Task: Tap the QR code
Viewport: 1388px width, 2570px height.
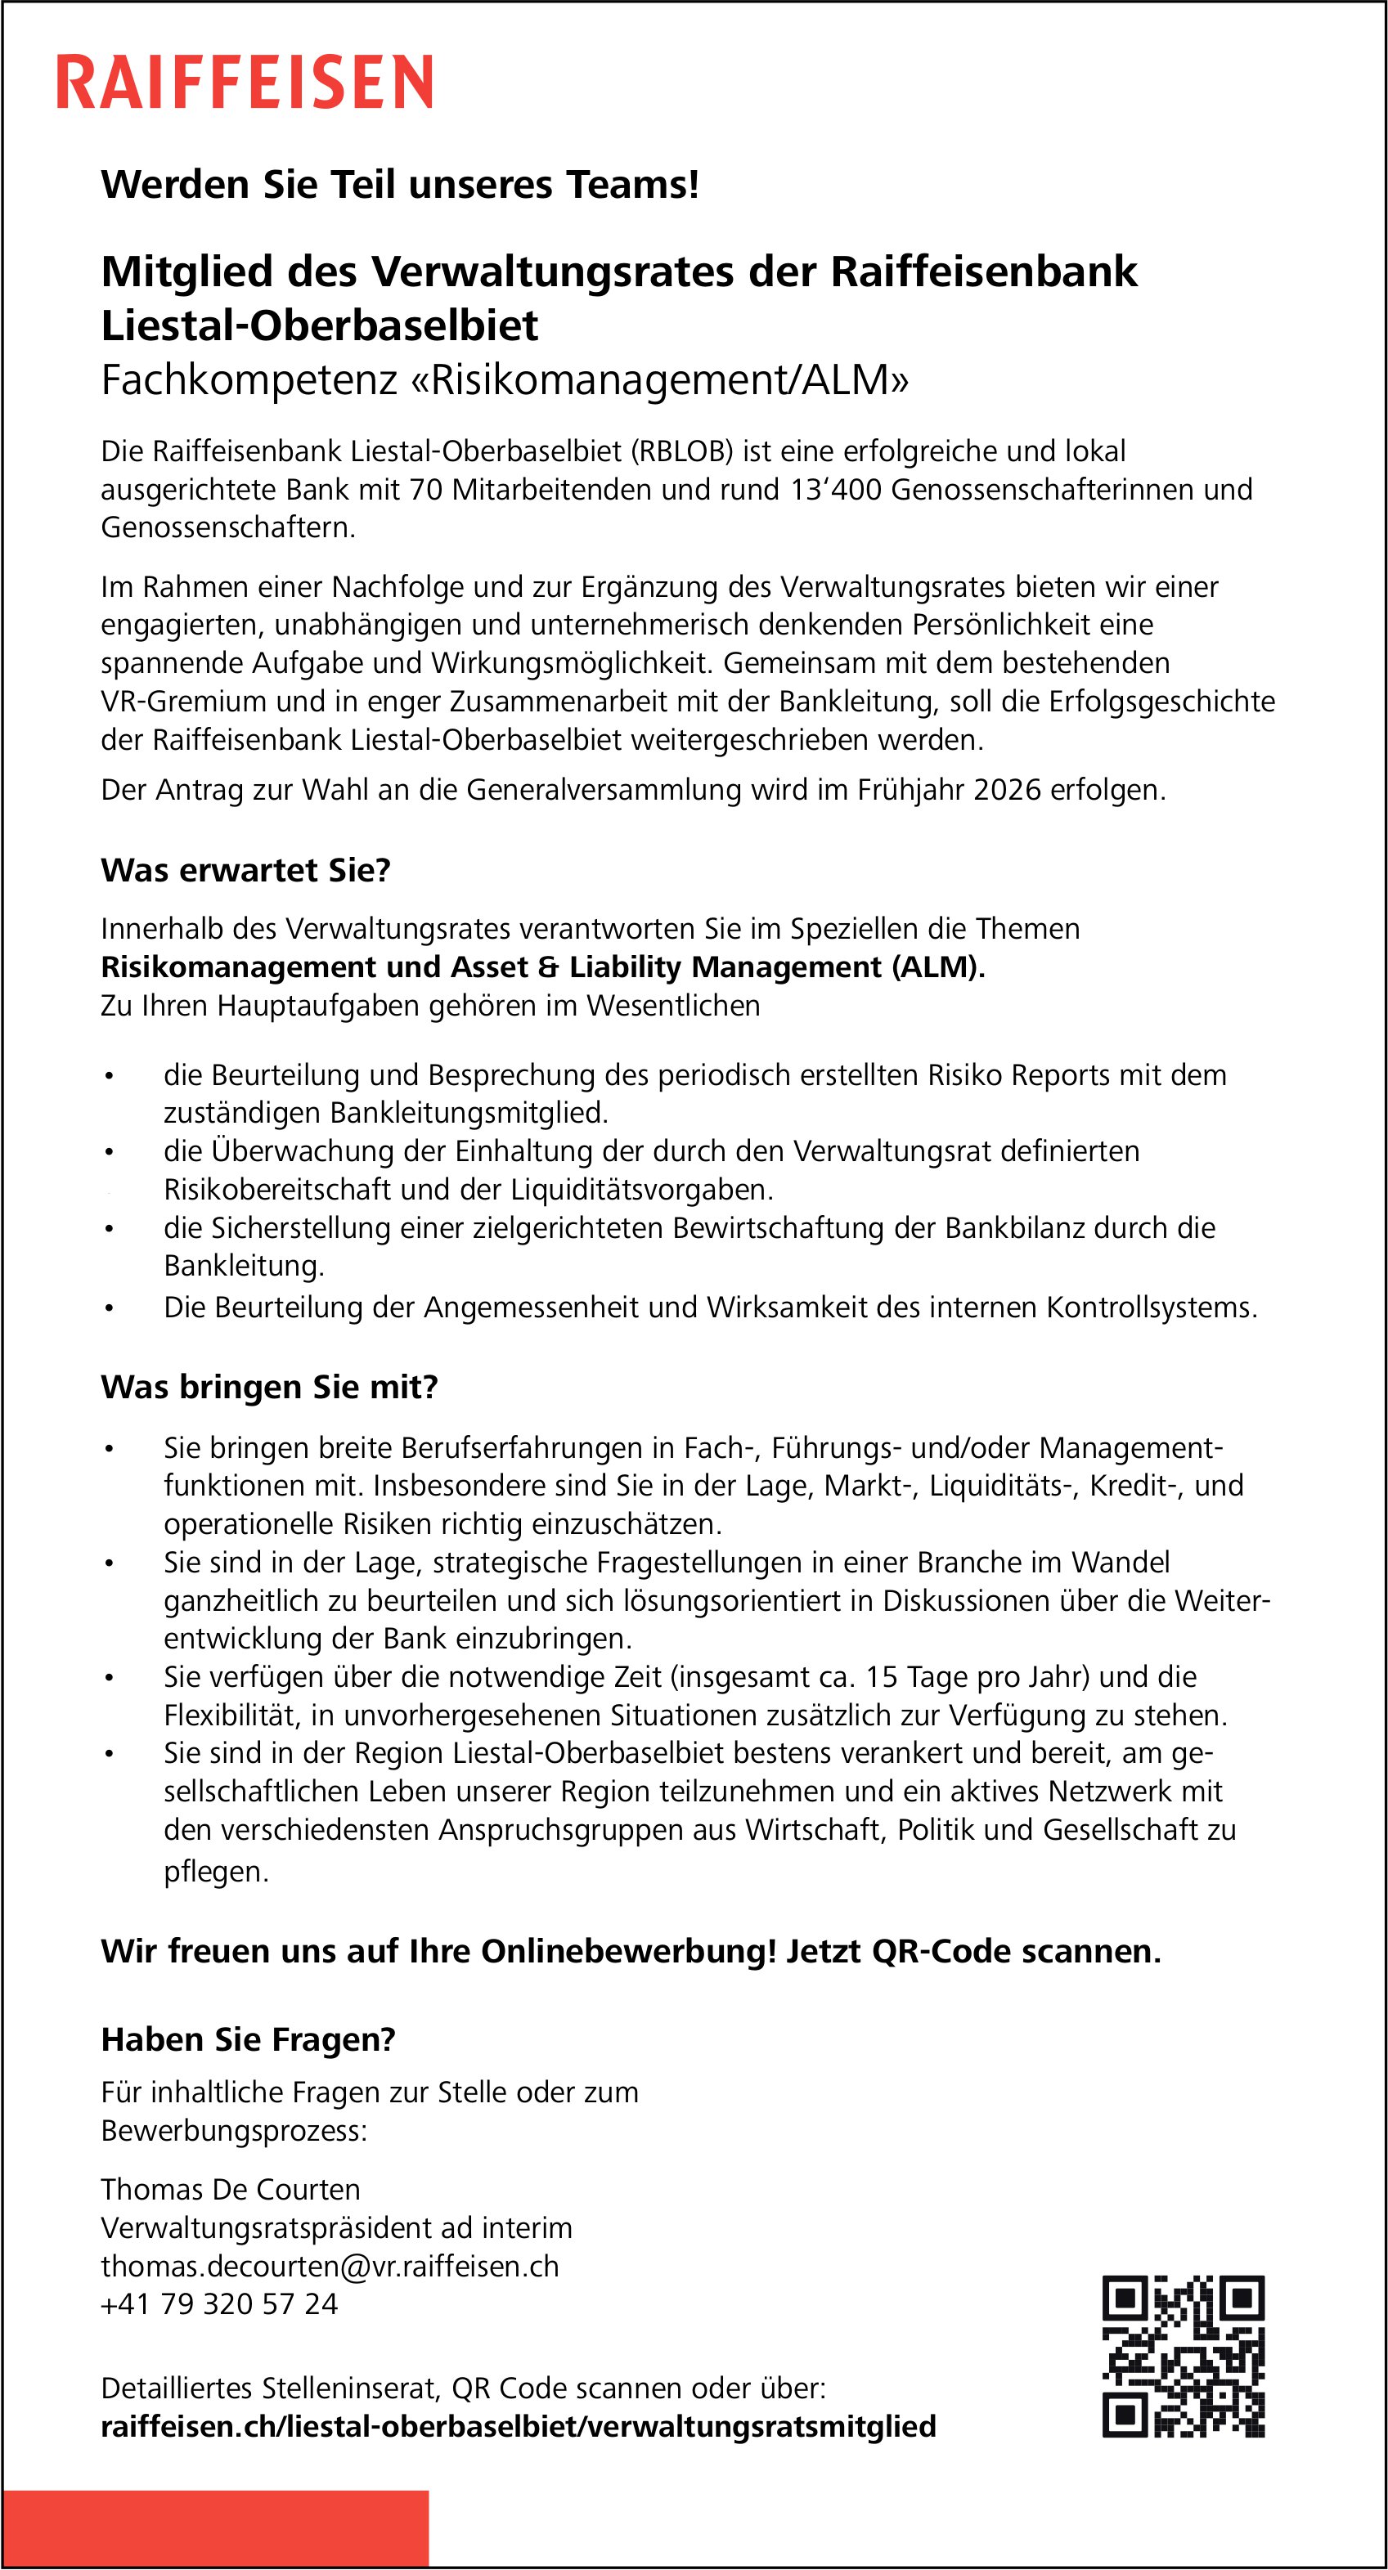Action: point(1183,2357)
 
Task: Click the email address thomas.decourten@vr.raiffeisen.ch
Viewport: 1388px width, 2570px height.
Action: point(330,2266)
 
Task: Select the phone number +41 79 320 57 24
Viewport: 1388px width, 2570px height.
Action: point(219,2303)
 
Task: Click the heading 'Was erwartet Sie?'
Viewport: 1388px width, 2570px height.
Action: point(245,870)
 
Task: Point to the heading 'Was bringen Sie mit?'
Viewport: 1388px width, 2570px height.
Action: point(269,1387)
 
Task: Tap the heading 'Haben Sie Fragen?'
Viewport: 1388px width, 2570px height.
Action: point(249,2039)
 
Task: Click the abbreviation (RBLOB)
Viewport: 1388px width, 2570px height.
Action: point(681,452)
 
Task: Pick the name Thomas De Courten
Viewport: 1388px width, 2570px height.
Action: point(231,2189)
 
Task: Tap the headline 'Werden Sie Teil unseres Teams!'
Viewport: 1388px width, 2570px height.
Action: point(400,185)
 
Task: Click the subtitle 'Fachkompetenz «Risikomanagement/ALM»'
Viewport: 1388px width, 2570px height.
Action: point(505,380)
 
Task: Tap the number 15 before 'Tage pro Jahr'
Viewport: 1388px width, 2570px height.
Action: point(882,1677)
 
